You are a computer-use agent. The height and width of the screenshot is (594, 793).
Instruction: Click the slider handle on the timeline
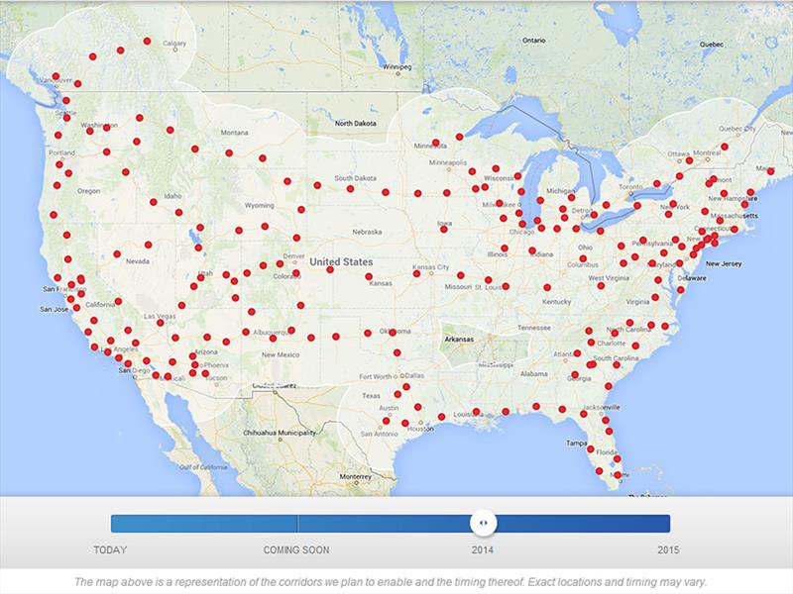[x=483, y=524]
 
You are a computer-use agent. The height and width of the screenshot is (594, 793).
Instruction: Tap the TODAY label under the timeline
[x=110, y=549]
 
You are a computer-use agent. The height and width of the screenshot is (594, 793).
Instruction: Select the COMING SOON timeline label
[x=296, y=549]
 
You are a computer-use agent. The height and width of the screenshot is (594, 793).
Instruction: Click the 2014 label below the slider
[x=483, y=549]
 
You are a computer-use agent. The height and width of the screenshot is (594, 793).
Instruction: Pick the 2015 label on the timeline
[x=668, y=549]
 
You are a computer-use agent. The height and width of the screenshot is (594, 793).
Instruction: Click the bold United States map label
[x=339, y=261]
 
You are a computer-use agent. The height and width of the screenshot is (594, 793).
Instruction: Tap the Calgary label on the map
[x=174, y=44]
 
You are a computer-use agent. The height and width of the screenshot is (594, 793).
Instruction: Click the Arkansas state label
[x=458, y=339]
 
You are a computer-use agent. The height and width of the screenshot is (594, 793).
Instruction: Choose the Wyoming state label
[x=259, y=206]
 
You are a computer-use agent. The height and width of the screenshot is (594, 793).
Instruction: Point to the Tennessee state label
[x=533, y=328]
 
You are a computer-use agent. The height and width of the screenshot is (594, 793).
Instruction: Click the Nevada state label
[x=138, y=261]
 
